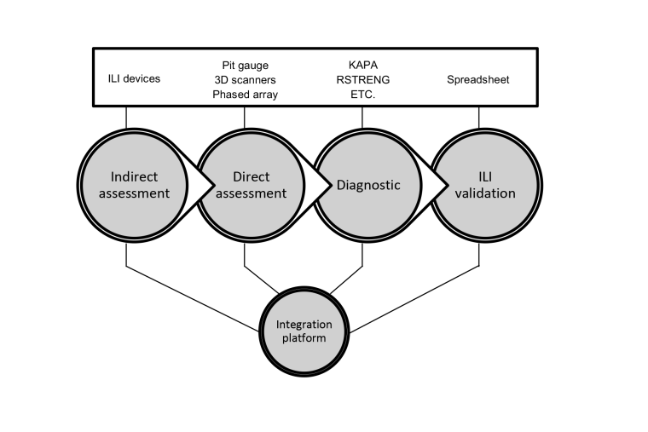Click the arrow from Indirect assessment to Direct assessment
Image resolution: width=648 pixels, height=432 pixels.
(x=202, y=185)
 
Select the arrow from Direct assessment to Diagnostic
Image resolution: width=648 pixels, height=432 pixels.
(x=320, y=185)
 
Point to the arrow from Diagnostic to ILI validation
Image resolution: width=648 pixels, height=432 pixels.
(x=437, y=185)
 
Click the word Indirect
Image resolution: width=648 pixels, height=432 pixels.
(x=134, y=177)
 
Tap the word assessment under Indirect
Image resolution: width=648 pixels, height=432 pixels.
(x=134, y=193)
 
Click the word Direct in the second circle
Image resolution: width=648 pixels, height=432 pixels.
(x=251, y=177)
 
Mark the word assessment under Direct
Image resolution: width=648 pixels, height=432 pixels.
(x=251, y=193)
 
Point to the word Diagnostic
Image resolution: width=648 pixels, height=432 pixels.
(x=368, y=185)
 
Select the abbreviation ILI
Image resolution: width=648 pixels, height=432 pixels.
(x=485, y=177)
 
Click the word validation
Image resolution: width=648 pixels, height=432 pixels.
(x=485, y=193)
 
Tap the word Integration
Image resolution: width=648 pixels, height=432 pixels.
(x=304, y=325)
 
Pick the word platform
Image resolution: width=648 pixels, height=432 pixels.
(x=304, y=338)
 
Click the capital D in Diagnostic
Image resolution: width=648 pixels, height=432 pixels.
(x=341, y=185)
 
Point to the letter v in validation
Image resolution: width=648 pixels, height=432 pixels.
(x=458, y=194)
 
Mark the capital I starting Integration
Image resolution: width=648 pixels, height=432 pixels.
(x=278, y=325)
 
